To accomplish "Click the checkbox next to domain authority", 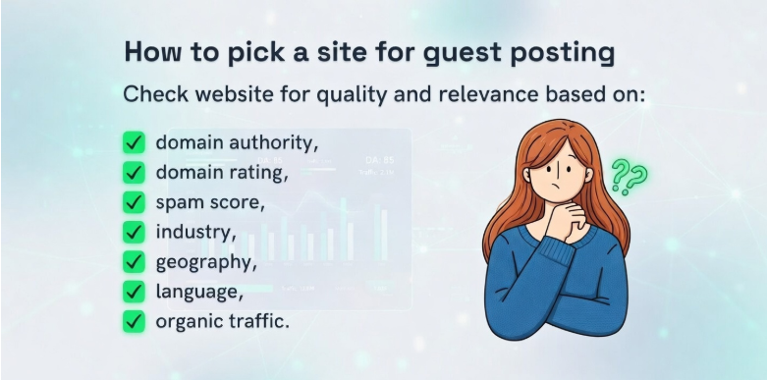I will [135, 142].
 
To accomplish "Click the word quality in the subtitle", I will [367, 96].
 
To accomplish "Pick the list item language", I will [199, 292].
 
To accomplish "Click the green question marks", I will [629, 178].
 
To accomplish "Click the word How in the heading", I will [150, 52].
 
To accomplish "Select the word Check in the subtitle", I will [151, 96].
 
